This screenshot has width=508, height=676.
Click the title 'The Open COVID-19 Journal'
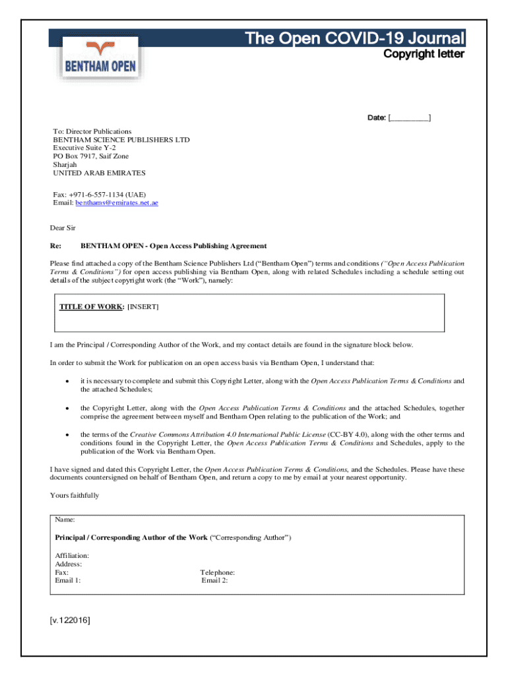click(355, 38)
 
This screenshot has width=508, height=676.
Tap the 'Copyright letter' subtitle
click(424, 54)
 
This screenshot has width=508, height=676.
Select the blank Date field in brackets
click(410, 118)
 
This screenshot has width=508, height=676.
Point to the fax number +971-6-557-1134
click(98, 195)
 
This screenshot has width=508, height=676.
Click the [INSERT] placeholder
click(143, 307)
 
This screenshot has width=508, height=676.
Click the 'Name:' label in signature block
click(65, 520)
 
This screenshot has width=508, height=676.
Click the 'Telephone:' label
click(217, 572)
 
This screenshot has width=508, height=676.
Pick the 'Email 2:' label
click(214, 580)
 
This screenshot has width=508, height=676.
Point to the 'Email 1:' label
click(68, 580)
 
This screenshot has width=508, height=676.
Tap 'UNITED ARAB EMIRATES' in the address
click(99, 173)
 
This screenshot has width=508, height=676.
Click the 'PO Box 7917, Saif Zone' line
click(90, 156)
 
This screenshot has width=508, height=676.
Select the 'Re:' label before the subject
click(55, 246)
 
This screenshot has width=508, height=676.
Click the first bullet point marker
click(67, 382)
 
